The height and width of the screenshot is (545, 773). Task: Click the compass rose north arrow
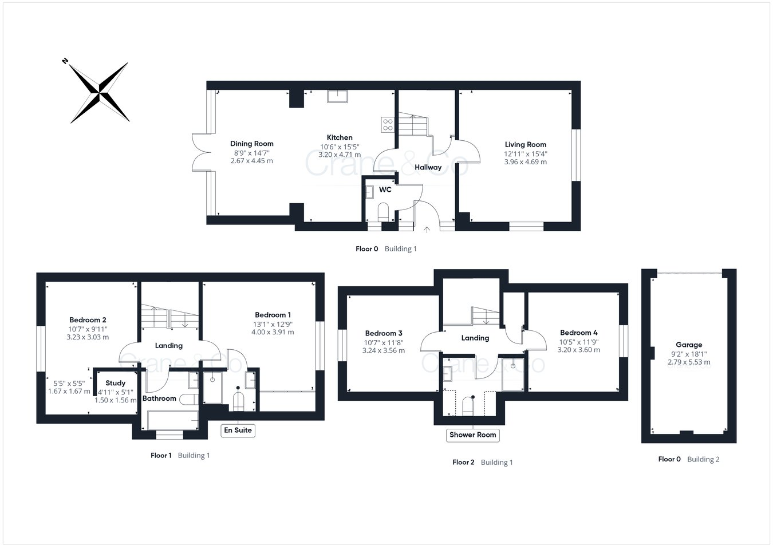coord(99,92)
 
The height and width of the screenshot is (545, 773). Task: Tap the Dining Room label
coord(252,144)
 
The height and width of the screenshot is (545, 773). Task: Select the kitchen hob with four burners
coord(388,125)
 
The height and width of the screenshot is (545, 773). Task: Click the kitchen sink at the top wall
coord(337,96)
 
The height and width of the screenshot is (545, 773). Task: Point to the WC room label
coord(385,189)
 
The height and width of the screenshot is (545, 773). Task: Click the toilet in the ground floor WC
coord(384,211)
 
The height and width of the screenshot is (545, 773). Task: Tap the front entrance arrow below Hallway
coord(426,230)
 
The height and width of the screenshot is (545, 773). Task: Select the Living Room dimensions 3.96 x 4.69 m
coord(525,162)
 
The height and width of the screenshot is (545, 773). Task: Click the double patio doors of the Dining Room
coord(201,152)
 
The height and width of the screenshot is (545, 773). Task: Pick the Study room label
coord(115,383)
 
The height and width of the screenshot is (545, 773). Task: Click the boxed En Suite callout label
coord(238,430)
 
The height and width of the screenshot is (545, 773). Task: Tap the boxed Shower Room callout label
coord(472,435)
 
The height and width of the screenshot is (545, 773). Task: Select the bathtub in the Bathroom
coord(172,420)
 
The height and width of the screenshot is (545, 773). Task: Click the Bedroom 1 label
coord(273,315)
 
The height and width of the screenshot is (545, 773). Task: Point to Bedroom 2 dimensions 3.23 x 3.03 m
coord(88,337)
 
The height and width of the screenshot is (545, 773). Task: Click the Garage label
coord(689,345)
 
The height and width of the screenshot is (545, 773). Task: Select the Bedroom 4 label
coord(579,333)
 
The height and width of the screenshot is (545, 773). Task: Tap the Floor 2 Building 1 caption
coord(482,462)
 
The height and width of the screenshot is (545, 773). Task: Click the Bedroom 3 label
coord(384,333)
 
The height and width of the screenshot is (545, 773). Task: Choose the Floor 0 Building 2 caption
coord(689,459)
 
